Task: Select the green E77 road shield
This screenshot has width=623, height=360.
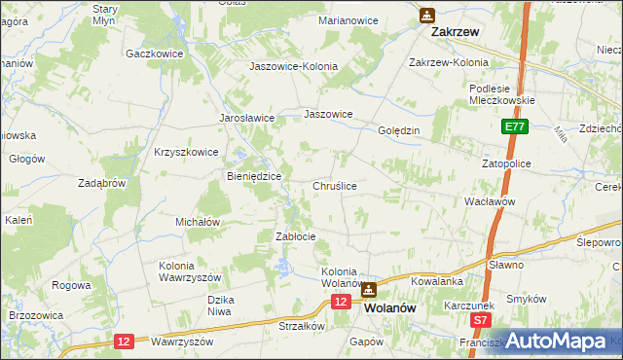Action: (515, 127)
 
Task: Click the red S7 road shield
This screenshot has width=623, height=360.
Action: (480, 319)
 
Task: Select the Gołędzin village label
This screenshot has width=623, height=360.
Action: (398, 130)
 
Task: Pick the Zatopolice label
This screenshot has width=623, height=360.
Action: (506, 163)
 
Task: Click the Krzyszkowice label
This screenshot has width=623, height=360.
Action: (185, 152)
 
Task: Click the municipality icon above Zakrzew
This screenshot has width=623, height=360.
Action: (427, 16)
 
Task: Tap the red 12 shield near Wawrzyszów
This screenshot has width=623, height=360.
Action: (124, 341)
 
